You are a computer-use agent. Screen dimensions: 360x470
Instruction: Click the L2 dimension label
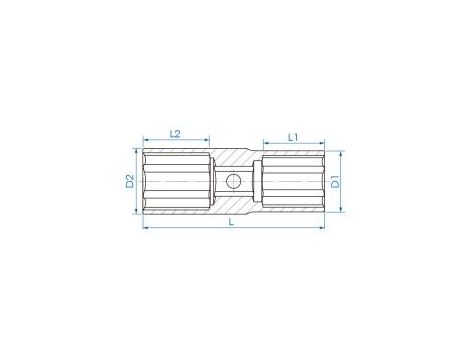click(x=175, y=132)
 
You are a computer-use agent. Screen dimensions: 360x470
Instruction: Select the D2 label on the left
click(x=130, y=181)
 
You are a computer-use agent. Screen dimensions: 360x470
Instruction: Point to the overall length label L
click(x=232, y=222)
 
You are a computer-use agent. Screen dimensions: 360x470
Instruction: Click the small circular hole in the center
click(x=231, y=182)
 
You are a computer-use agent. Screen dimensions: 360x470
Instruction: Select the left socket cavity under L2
click(x=176, y=182)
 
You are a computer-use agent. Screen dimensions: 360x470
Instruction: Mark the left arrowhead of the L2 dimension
click(x=146, y=141)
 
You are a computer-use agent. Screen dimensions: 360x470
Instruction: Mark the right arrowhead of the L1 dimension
click(x=322, y=142)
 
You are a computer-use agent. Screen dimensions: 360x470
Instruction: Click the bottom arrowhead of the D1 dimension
click(x=344, y=210)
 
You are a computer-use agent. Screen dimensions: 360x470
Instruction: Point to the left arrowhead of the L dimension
click(x=146, y=229)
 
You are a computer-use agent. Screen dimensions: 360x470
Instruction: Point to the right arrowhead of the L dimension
click(x=322, y=229)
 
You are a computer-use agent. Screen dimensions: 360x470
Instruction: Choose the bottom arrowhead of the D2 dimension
click(x=138, y=210)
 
